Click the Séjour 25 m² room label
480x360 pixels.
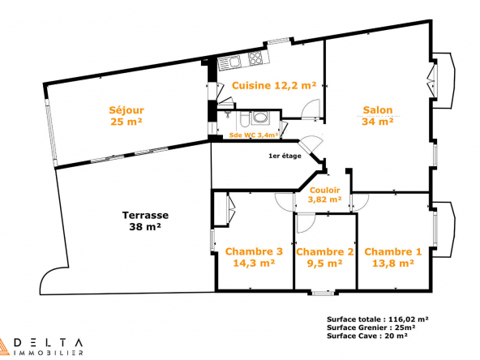click(x=126, y=116)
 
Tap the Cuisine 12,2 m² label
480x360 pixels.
click(x=274, y=85)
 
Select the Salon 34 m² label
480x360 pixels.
click(x=378, y=116)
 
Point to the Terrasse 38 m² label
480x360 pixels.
click(x=145, y=221)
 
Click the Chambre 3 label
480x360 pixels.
click(x=254, y=251)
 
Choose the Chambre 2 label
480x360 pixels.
click(x=325, y=252)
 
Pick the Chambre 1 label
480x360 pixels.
click(x=392, y=252)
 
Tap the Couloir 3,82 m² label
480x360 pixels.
click(x=324, y=195)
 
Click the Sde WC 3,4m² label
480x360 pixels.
click(x=254, y=135)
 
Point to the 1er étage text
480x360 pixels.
click(x=285, y=156)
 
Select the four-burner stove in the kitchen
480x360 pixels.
click(x=255, y=58)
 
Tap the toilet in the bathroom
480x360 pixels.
click(x=245, y=119)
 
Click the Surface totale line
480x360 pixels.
click(x=378, y=319)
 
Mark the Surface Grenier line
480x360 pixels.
click(x=371, y=328)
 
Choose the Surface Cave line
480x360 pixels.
click(x=367, y=336)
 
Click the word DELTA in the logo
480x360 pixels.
click(x=49, y=342)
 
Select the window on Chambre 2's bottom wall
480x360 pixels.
click(x=323, y=293)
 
